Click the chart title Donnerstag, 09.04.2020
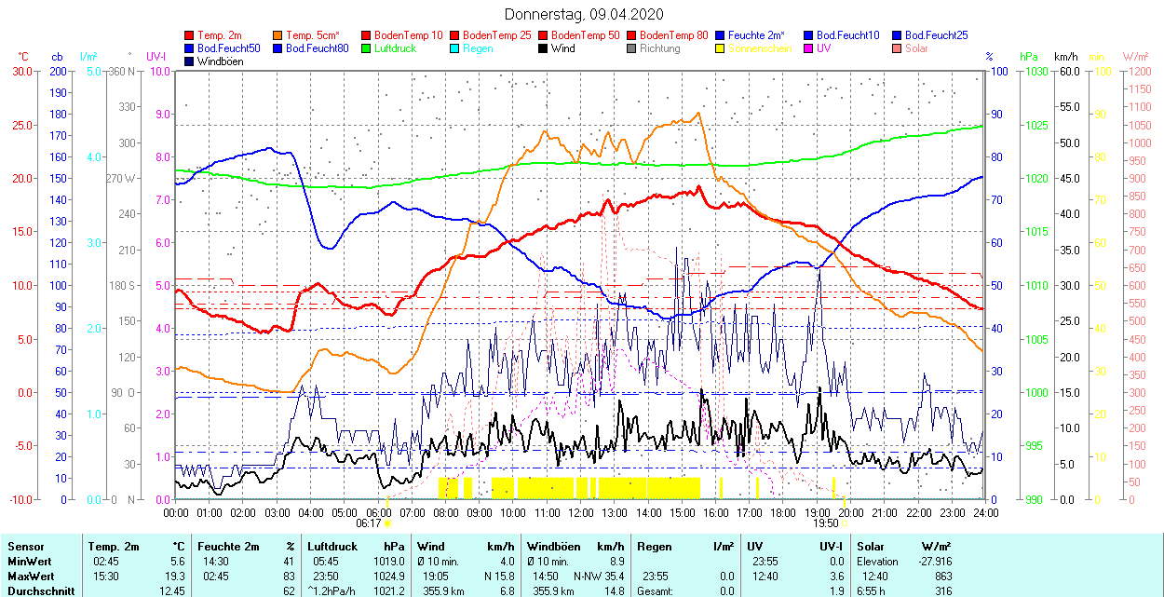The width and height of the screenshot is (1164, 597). [x=584, y=14]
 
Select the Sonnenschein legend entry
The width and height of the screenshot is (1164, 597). [x=760, y=48]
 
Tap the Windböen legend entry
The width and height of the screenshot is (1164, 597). [x=220, y=61]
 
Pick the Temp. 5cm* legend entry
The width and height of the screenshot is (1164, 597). [x=312, y=35]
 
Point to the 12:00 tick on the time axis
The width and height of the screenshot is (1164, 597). [x=581, y=512]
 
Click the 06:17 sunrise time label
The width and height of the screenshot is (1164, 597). [x=369, y=523]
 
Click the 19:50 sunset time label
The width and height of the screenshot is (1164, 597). [x=824, y=523]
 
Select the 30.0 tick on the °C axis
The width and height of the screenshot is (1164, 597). [x=20, y=72]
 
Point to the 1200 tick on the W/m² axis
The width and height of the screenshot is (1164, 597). [x=1138, y=72]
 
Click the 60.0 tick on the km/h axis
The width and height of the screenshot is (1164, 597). [x=1067, y=72]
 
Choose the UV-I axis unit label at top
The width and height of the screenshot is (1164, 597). [x=156, y=57]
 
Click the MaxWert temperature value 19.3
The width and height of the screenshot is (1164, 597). [x=175, y=577]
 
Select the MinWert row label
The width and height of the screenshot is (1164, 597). [x=28, y=562]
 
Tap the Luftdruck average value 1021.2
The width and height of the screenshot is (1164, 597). [x=388, y=591]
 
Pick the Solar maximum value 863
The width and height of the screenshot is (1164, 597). [x=942, y=577]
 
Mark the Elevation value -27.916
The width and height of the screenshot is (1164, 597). [x=934, y=562]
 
